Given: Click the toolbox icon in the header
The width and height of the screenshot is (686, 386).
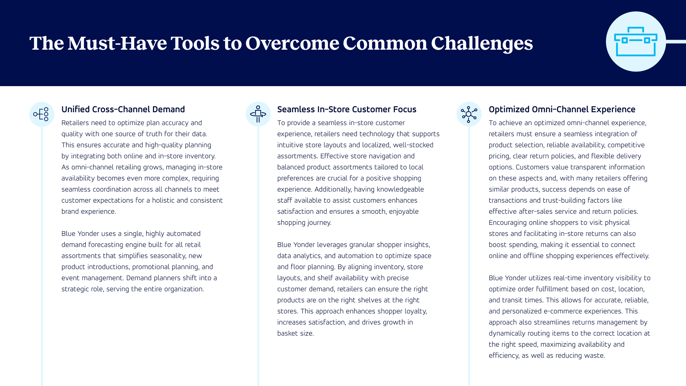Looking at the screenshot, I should [x=636, y=41].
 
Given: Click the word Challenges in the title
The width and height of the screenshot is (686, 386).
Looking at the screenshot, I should [x=482, y=43].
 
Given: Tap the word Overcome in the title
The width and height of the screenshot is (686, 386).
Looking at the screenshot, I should [x=292, y=43].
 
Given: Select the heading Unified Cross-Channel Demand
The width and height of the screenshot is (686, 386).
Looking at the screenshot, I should [x=123, y=109].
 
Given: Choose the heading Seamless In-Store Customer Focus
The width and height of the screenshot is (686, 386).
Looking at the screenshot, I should [x=347, y=109].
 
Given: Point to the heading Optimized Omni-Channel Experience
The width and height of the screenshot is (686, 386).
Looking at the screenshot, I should [x=562, y=109].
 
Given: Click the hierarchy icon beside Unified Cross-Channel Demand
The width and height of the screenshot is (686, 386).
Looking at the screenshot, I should [x=41, y=114].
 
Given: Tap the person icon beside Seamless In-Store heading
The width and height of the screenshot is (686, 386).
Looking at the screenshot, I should [x=258, y=114].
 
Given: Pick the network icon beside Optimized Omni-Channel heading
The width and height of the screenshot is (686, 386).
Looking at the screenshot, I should [x=469, y=114].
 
